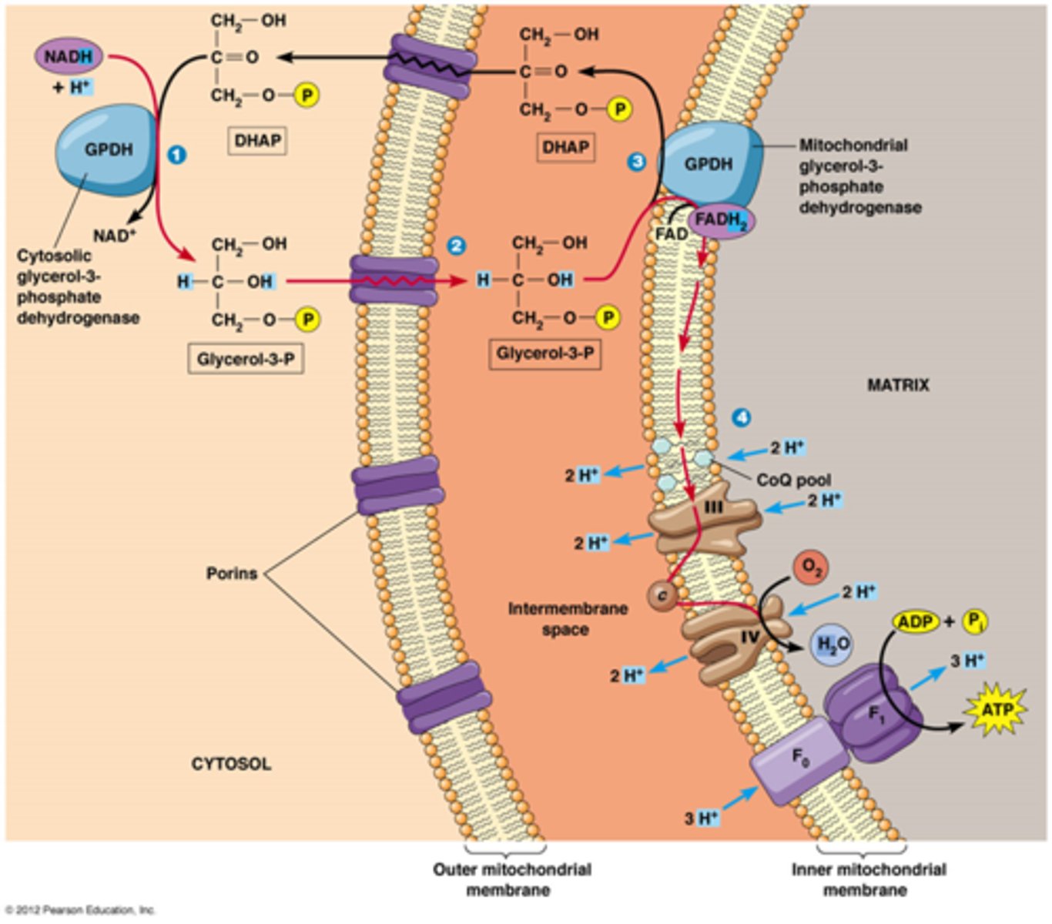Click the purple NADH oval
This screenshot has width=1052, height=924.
tap(69, 56)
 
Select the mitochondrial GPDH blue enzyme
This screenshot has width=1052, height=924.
tap(709, 164)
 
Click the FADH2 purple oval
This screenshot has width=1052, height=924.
tap(721, 221)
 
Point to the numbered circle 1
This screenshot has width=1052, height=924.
tap(176, 155)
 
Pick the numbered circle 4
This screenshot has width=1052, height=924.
tap(740, 417)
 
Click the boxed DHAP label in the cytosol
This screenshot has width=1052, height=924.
tap(257, 140)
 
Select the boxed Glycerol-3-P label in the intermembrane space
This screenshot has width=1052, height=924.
tap(544, 353)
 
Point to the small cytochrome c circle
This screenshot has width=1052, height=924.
tap(662, 594)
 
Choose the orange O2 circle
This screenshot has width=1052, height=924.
tap(811, 567)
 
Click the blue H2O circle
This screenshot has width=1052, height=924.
tap(833, 644)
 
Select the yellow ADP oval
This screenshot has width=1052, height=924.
tap(916, 621)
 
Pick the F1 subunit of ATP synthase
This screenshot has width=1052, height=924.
tap(874, 712)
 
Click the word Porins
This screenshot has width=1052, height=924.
tap(231, 574)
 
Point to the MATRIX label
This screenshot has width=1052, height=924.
tap(898, 385)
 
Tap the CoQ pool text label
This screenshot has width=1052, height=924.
tap(793, 480)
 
